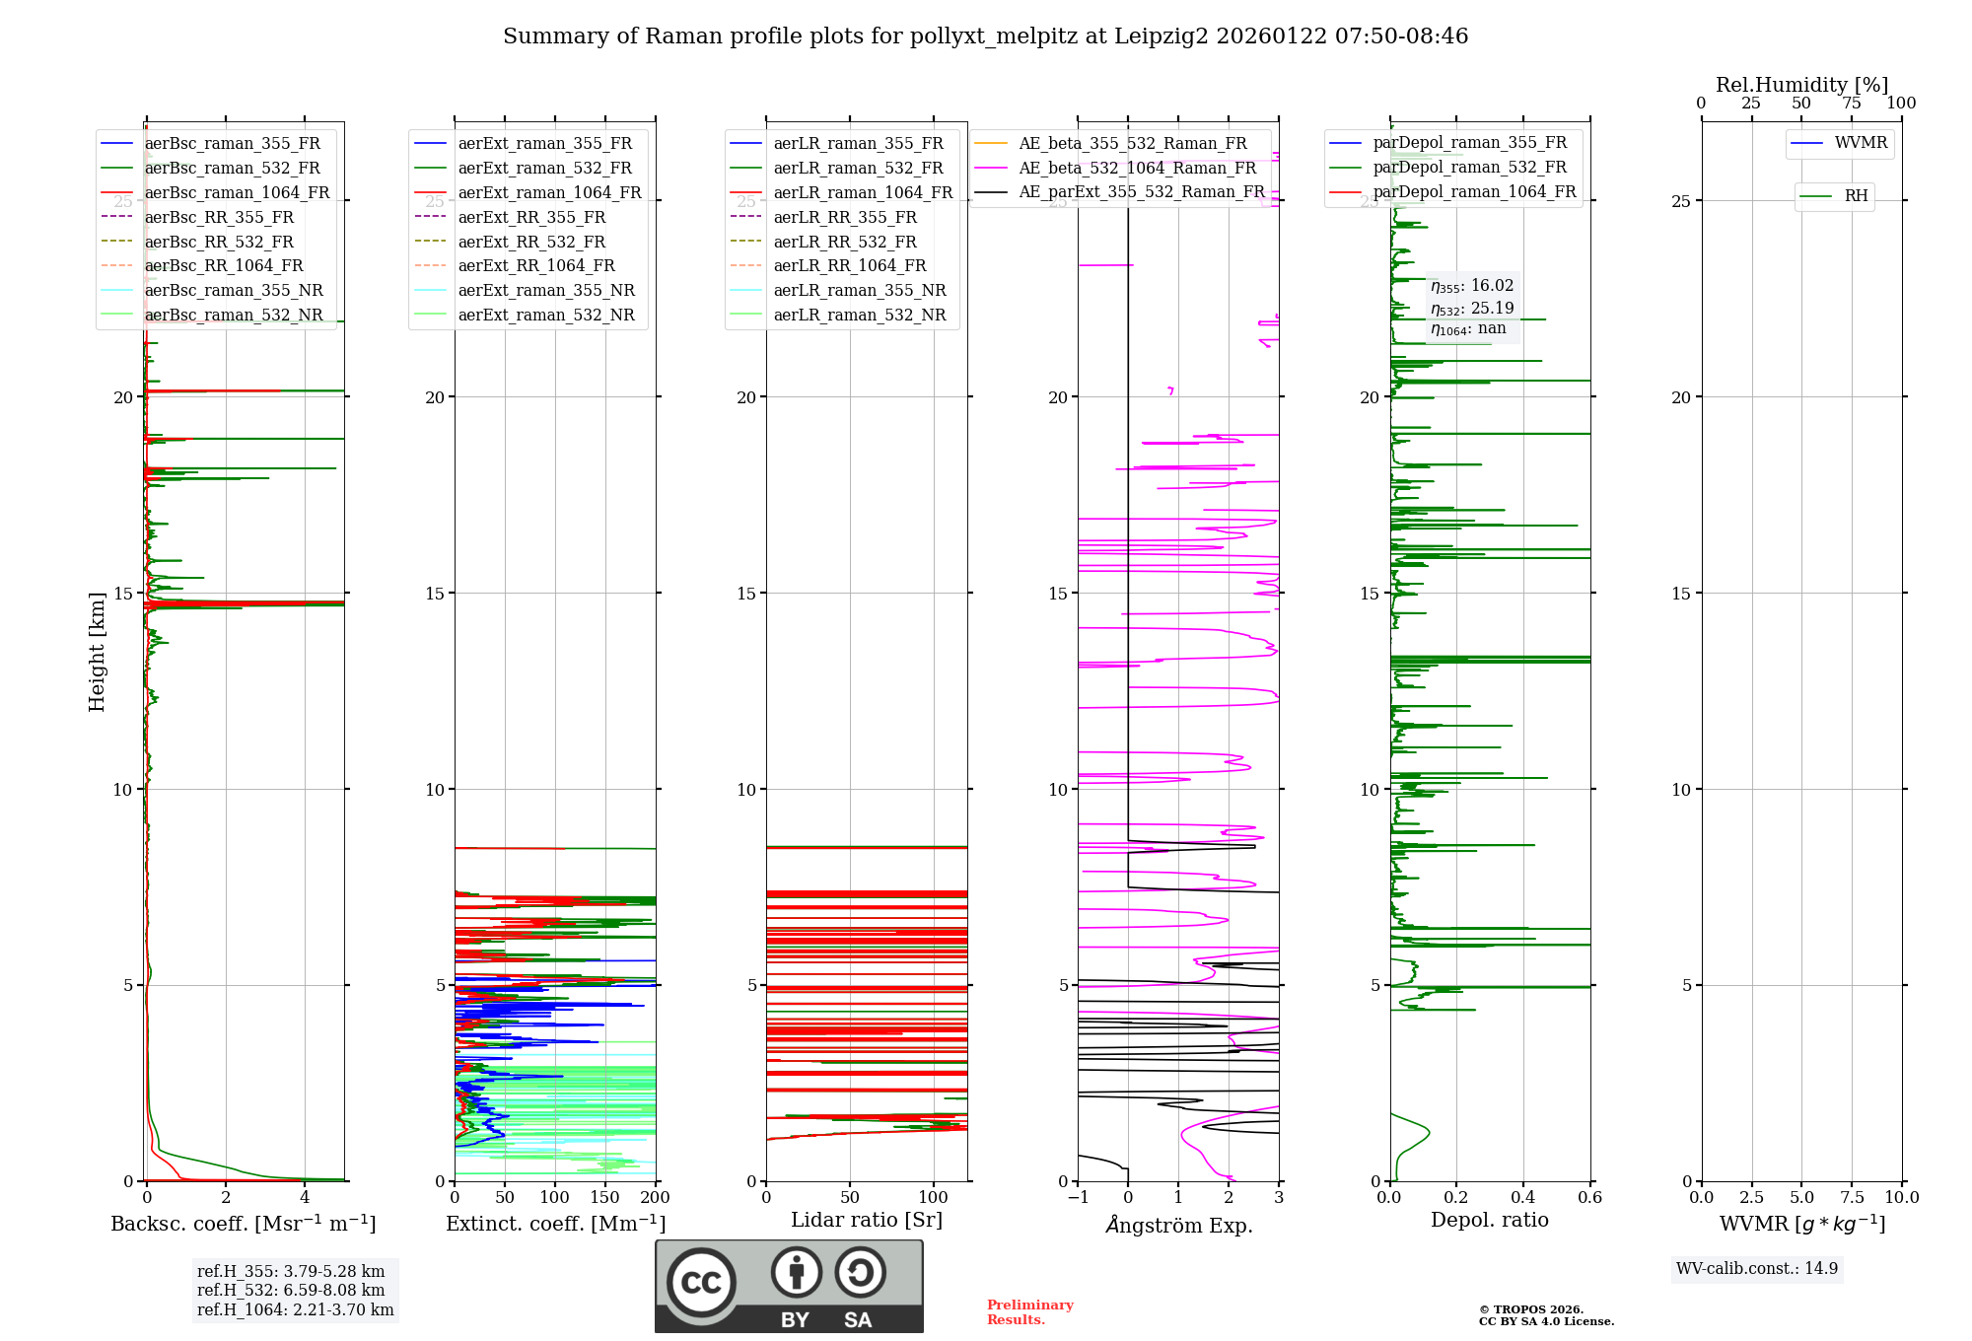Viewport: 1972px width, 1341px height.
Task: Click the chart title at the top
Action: point(985,36)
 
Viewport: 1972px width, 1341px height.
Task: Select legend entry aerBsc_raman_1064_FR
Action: point(237,193)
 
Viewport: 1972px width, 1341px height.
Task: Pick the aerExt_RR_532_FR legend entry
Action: point(531,242)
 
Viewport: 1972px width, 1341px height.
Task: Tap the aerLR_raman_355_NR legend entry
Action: point(859,291)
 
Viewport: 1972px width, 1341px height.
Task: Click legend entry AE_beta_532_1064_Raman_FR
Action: point(1137,169)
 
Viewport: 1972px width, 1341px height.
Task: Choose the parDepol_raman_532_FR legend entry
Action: point(1469,168)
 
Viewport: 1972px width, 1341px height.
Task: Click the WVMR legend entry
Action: point(1861,143)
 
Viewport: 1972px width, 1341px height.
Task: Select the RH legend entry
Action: point(1856,196)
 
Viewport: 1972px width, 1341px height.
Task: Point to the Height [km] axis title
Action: point(97,652)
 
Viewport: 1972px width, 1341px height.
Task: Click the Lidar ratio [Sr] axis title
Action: point(867,1221)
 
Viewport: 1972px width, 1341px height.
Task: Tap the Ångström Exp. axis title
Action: point(1178,1226)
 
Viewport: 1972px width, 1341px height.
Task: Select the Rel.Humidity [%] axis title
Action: point(1801,85)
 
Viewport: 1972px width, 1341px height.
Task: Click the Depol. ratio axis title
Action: point(1489,1221)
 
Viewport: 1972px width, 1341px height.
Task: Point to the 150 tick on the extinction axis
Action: point(604,1198)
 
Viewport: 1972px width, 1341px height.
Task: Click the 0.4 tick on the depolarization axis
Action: point(1523,1198)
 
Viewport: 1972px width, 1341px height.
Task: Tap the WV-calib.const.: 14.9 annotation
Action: point(1757,1269)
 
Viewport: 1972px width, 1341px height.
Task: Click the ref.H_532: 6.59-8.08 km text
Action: point(291,1291)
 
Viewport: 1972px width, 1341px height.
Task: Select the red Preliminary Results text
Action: point(1029,1312)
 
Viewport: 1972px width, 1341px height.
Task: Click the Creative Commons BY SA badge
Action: point(789,1287)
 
